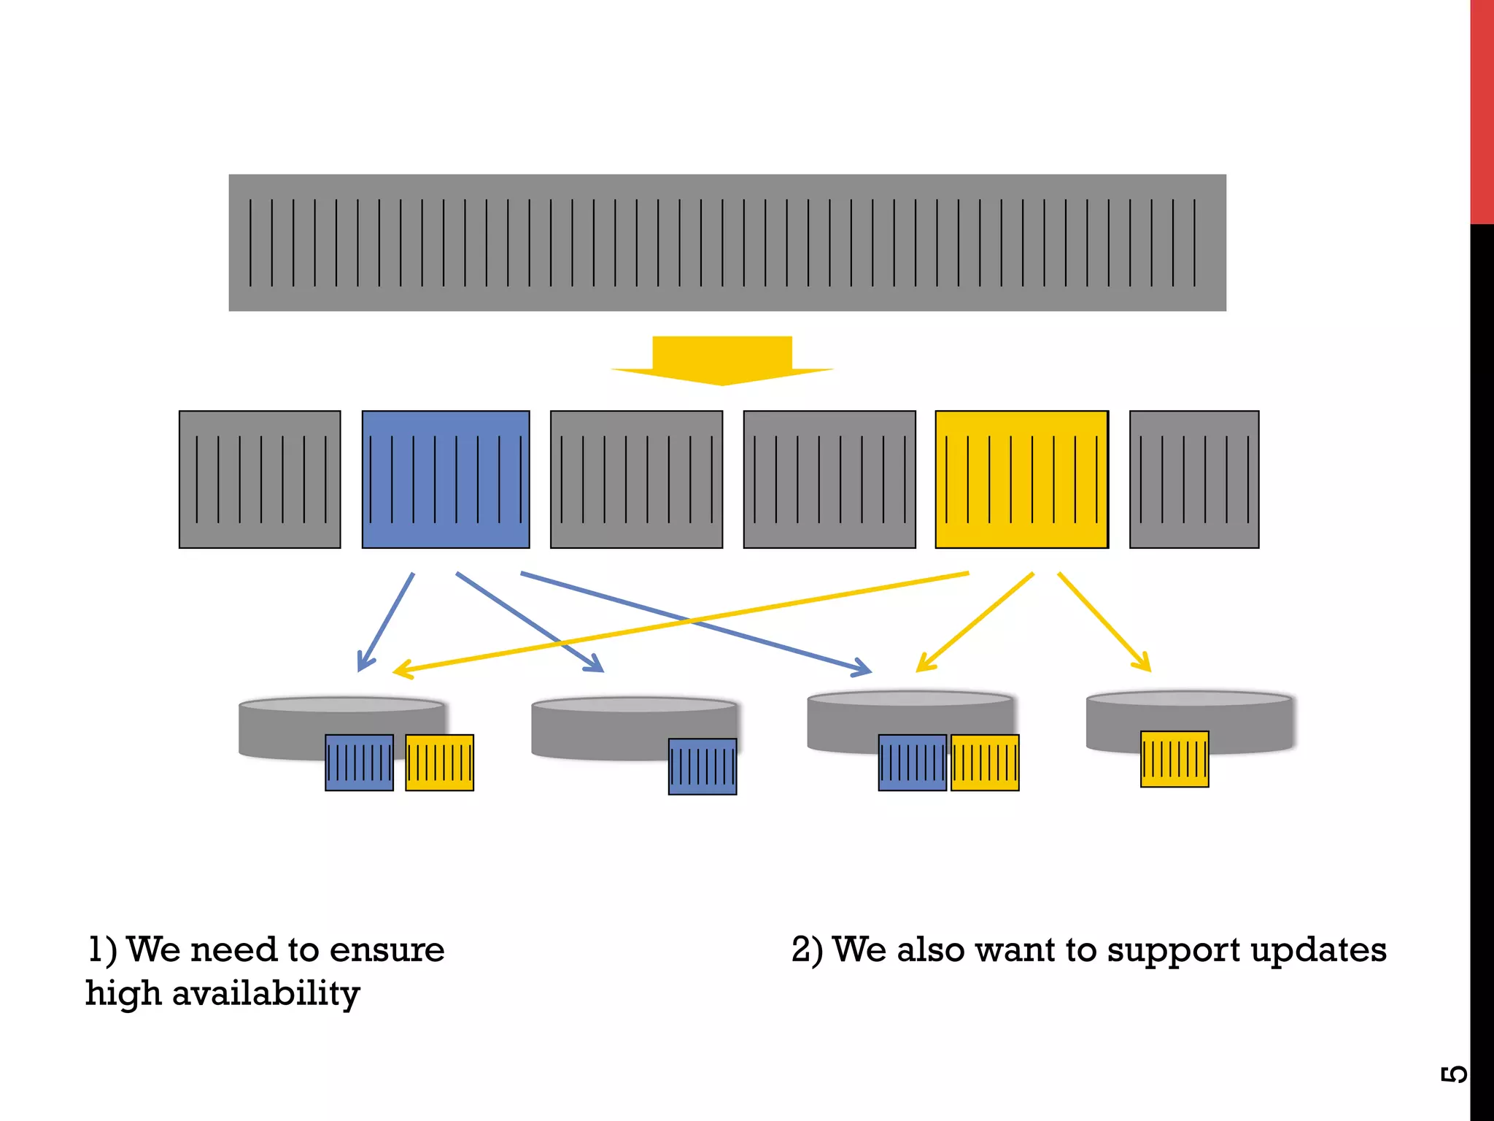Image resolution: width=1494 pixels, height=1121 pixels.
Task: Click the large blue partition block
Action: pyautogui.click(x=446, y=479)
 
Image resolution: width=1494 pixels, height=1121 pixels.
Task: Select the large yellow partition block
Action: pyautogui.click(x=1021, y=479)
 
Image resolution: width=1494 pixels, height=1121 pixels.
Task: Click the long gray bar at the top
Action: pyautogui.click(x=727, y=242)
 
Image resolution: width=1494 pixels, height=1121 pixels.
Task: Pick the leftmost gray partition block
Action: pyautogui.click(x=260, y=479)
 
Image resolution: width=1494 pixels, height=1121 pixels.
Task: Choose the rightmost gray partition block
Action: pyautogui.click(x=1194, y=479)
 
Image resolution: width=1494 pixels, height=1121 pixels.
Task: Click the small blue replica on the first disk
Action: pyautogui.click(x=359, y=763)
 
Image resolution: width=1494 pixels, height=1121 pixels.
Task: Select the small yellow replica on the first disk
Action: pyautogui.click(x=439, y=763)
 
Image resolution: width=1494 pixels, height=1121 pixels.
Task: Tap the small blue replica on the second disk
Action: pyautogui.click(x=703, y=766)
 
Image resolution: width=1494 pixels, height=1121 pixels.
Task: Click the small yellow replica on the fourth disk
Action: pyautogui.click(x=1174, y=759)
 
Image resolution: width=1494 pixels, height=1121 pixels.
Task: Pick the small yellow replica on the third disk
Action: pyautogui.click(x=985, y=763)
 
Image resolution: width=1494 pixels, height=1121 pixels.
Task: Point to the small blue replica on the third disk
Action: pyautogui.click(x=912, y=763)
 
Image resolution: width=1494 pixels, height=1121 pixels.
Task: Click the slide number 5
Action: pyautogui.click(x=1453, y=1074)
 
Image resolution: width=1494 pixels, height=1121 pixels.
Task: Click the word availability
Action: pyautogui.click(x=266, y=994)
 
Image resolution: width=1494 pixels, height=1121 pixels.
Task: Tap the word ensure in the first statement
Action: pyautogui.click(x=387, y=950)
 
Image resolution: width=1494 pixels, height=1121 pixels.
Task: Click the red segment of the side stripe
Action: pyautogui.click(x=1482, y=109)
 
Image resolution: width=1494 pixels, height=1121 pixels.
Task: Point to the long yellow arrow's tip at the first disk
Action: pyautogui.click(x=396, y=671)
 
